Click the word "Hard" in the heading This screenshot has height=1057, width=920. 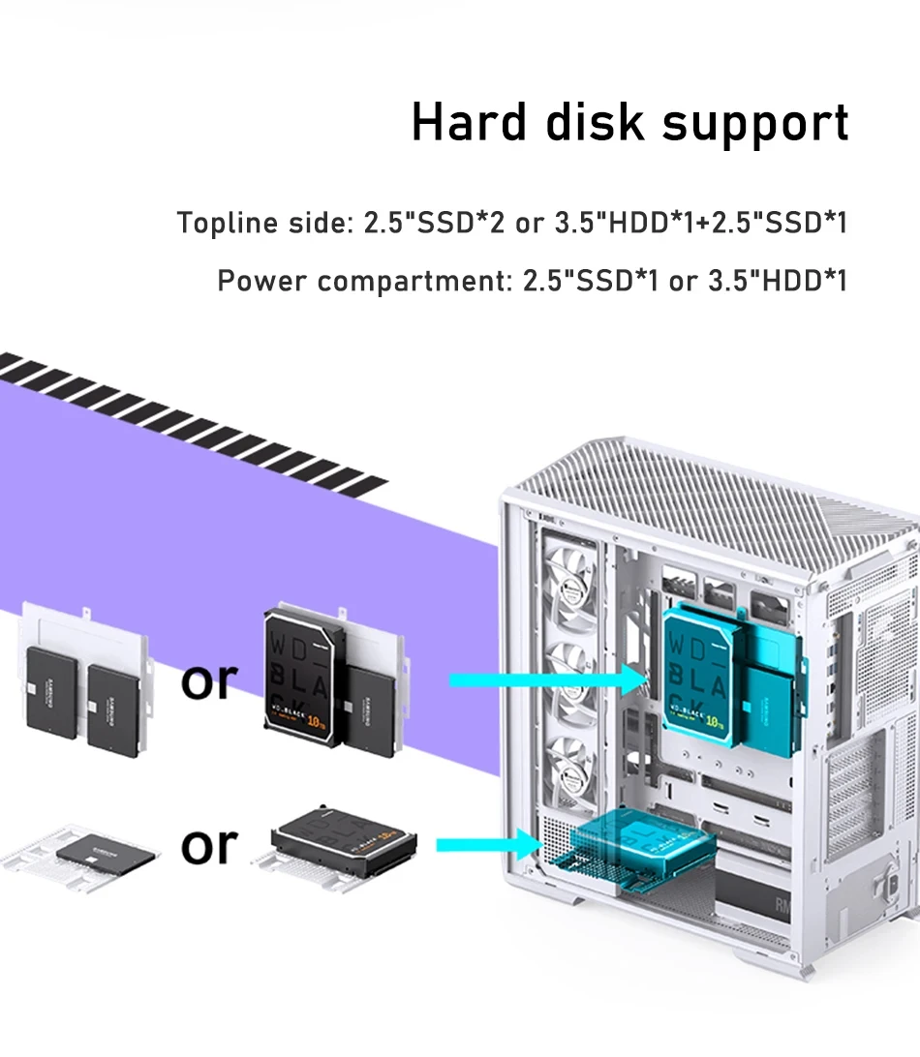click(x=470, y=123)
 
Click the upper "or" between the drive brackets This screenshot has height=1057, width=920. click(x=209, y=680)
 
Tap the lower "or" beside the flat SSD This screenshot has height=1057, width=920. click(x=209, y=845)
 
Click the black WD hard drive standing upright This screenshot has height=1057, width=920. click(x=303, y=679)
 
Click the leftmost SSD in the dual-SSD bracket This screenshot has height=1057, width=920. click(x=52, y=686)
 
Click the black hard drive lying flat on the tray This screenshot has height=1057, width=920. click(x=344, y=836)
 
